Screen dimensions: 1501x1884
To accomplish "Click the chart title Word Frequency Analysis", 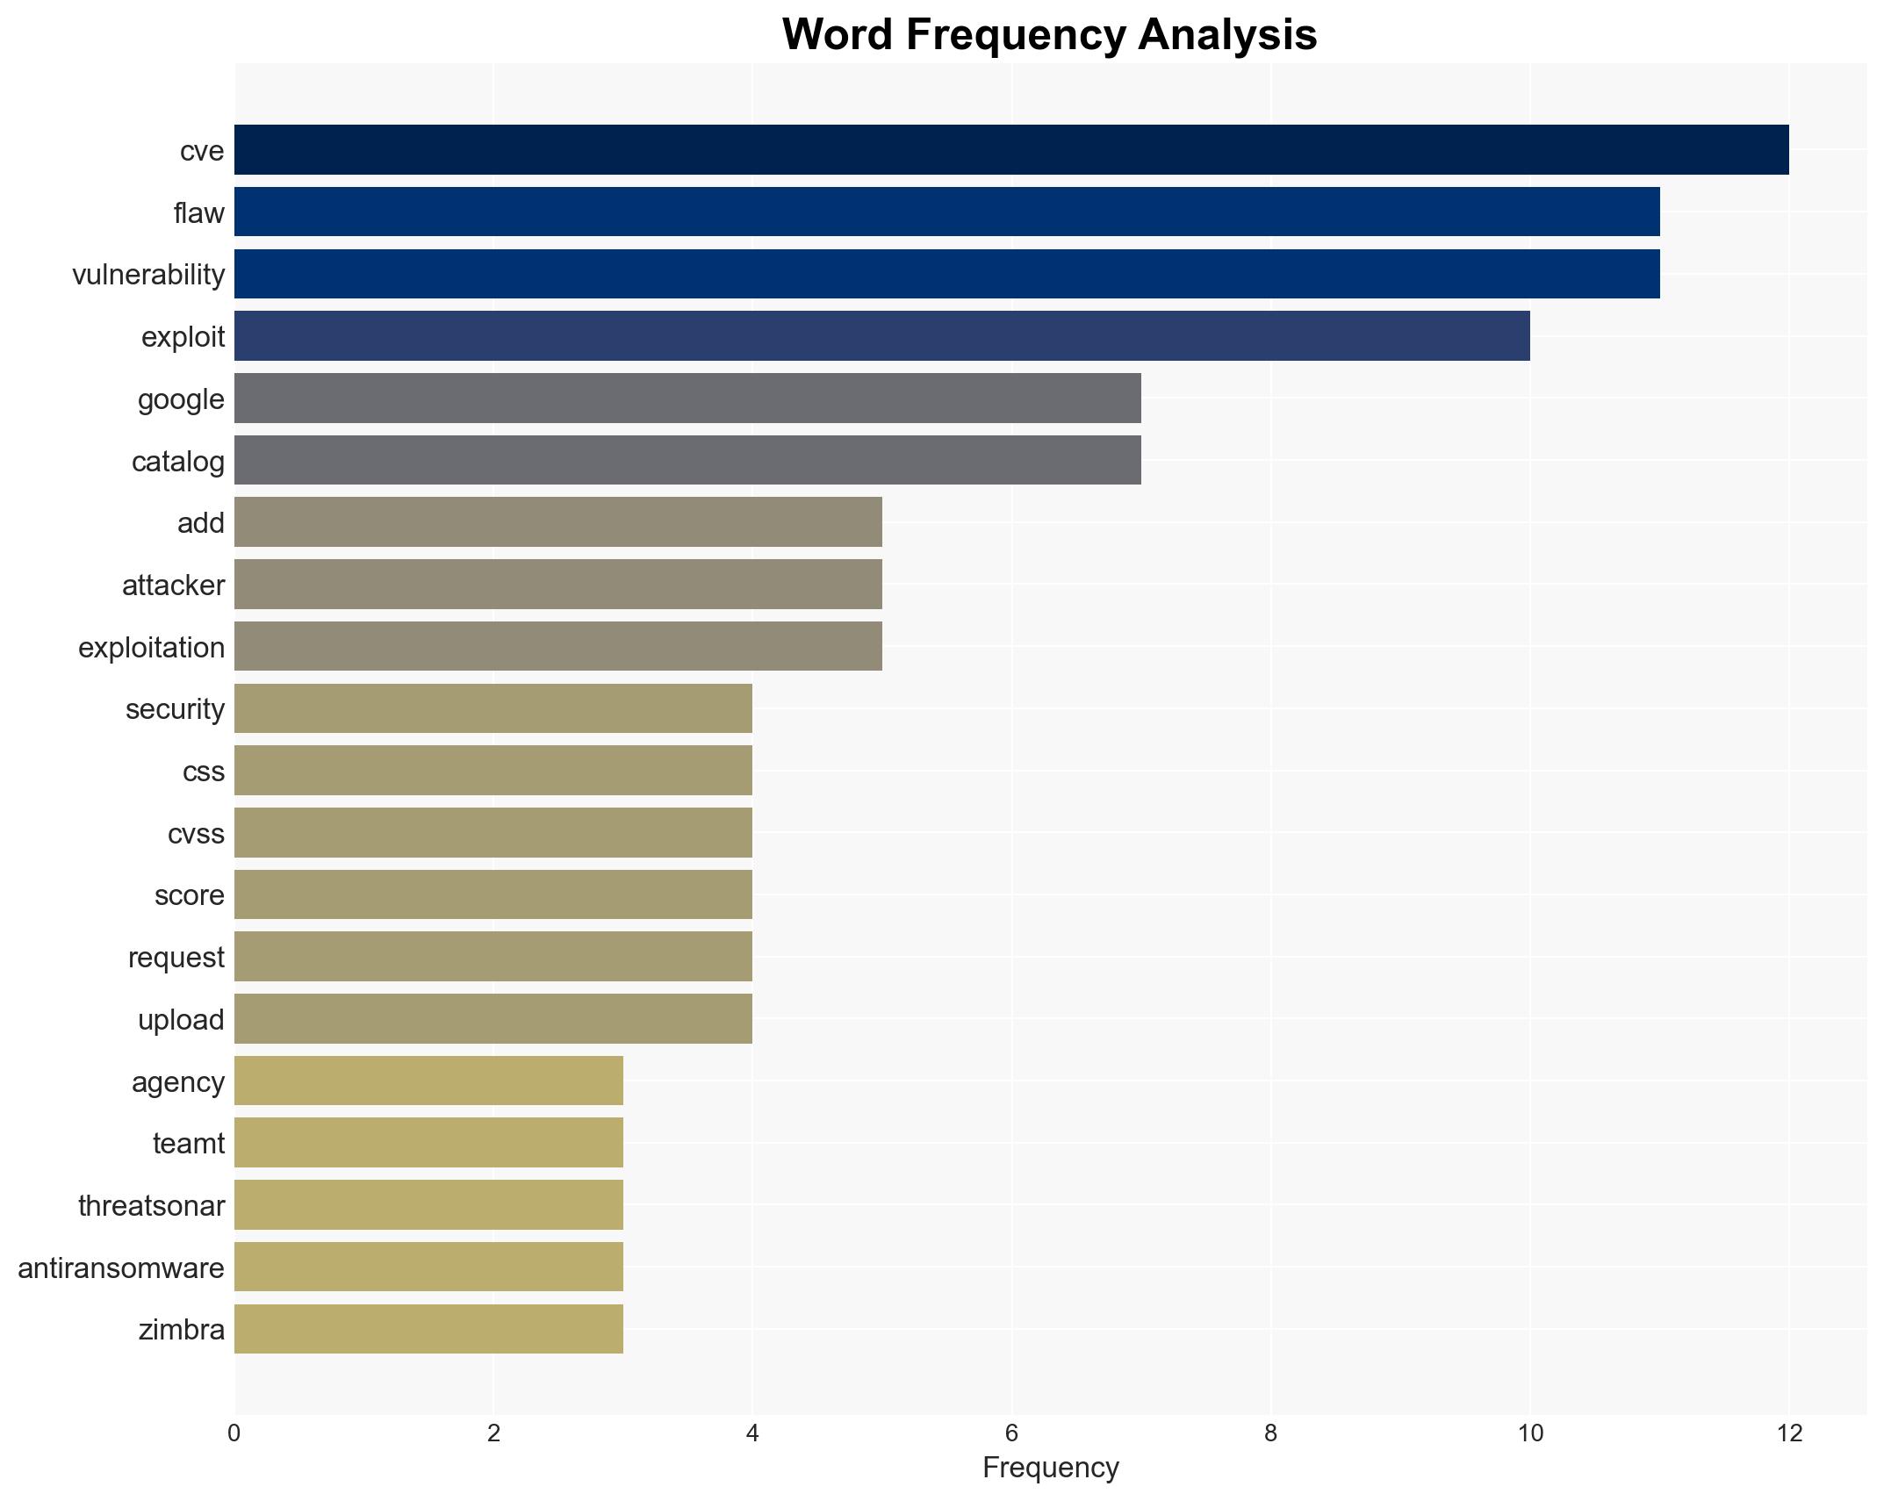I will point(1049,35).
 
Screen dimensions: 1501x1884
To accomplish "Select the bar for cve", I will point(1010,150).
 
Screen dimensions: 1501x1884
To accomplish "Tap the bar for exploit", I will point(881,336).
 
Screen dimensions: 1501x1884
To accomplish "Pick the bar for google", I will point(687,399).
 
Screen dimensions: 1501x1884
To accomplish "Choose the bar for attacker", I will point(557,585).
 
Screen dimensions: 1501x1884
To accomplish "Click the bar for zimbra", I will point(428,1329).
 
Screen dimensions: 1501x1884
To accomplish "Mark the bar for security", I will point(493,708).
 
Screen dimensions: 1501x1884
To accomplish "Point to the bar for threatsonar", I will point(428,1205).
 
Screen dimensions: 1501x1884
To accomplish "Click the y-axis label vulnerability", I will point(148,275).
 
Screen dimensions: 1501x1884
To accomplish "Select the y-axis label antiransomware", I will point(121,1268).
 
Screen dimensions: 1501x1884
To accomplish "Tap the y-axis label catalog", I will point(178,461).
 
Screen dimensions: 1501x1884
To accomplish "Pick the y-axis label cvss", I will point(196,833).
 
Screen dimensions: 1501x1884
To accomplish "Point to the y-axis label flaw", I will point(199,212).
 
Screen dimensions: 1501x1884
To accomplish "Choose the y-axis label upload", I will point(181,1019).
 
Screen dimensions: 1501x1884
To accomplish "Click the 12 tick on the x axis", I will point(1789,1433).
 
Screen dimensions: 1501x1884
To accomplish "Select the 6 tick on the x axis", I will point(1011,1433).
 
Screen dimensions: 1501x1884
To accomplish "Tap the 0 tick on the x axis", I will point(234,1433).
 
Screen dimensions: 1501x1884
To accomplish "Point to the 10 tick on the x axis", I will point(1529,1433).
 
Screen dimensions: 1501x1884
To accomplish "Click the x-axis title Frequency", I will point(1050,1468).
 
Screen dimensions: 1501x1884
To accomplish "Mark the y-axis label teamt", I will point(189,1143).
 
